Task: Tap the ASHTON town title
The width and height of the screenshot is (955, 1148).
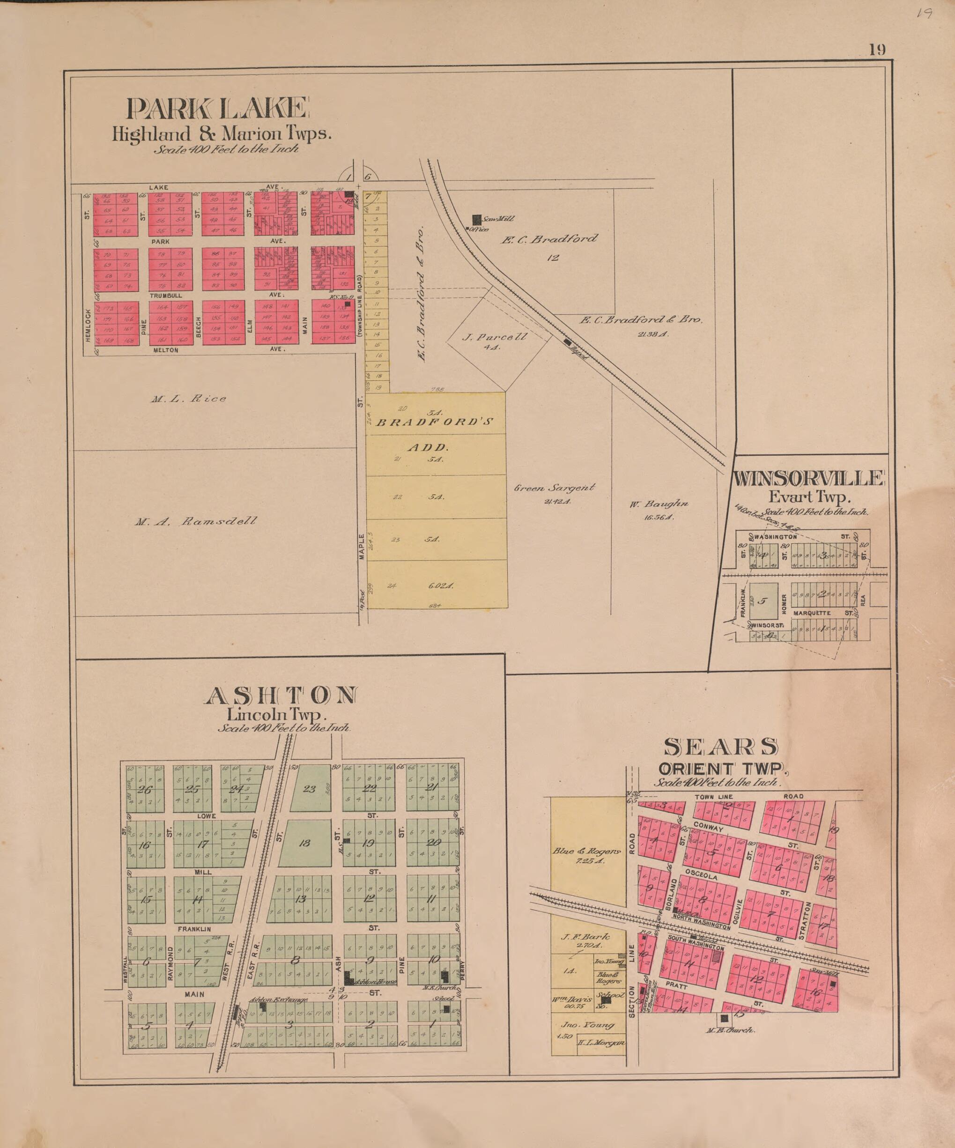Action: pyautogui.click(x=281, y=696)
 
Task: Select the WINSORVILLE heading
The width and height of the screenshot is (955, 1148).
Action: pyautogui.click(x=808, y=479)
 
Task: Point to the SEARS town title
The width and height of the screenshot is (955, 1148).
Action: pyautogui.click(x=720, y=747)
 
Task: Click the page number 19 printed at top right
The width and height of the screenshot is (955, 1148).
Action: pyautogui.click(x=877, y=50)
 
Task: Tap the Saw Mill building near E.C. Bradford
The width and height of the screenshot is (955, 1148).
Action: pyautogui.click(x=477, y=219)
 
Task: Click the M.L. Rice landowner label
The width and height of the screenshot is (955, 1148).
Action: pyautogui.click(x=189, y=399)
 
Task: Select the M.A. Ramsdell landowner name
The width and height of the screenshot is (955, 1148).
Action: pyautogui.click(x=195, y=521)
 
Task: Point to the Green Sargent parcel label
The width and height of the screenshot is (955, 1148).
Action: pyautogui.click(x=554, y=488)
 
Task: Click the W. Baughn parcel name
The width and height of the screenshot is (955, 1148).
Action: pyautogui.click(x=658, y=504)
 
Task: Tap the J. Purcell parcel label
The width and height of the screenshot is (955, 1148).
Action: pyautogui.click(x=494, y=337)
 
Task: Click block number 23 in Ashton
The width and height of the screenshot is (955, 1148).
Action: pyautogui.click(x=310, y=788)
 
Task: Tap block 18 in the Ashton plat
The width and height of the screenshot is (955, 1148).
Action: pyautogui.click(x=304, y=844)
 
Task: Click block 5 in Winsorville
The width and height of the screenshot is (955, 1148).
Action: pyautogui.click(x=763, y=601)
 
